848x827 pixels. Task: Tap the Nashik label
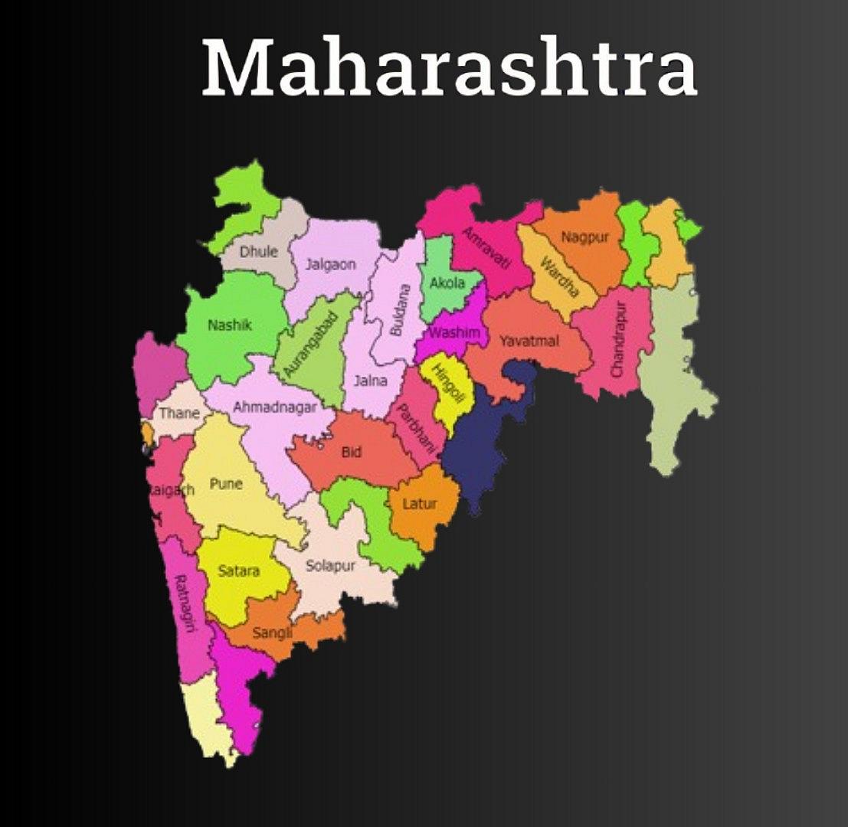point(230,325)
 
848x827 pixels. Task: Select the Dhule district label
point(259,251)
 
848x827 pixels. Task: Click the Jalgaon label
point(331,265)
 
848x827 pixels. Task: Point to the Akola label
point(447,283)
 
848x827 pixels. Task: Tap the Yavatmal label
point(529,341)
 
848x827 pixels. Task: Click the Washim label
point(454,333)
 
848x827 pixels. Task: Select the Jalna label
point(371,380)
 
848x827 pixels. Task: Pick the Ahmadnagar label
point(274,407)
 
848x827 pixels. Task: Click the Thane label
point(179,413)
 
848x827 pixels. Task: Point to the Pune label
point(226,484)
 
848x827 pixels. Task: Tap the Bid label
point(352,453)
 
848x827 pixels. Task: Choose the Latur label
point(420,504)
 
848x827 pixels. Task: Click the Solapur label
point(331,567)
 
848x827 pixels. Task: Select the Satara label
point(238,570)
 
